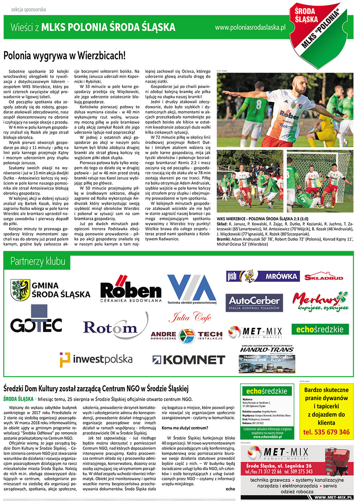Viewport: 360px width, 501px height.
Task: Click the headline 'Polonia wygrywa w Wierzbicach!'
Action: (64, 55)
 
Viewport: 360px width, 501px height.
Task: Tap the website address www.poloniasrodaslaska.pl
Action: (250, 28)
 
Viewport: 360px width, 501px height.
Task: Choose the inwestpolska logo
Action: (96, 359)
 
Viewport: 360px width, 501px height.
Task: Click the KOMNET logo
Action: (189, 359)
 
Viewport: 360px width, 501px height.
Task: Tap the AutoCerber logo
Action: (254, 303)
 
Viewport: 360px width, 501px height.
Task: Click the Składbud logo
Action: (324, 276)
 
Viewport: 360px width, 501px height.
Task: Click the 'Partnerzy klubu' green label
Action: (38, 261)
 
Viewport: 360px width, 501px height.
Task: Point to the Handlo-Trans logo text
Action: (266, 349)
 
